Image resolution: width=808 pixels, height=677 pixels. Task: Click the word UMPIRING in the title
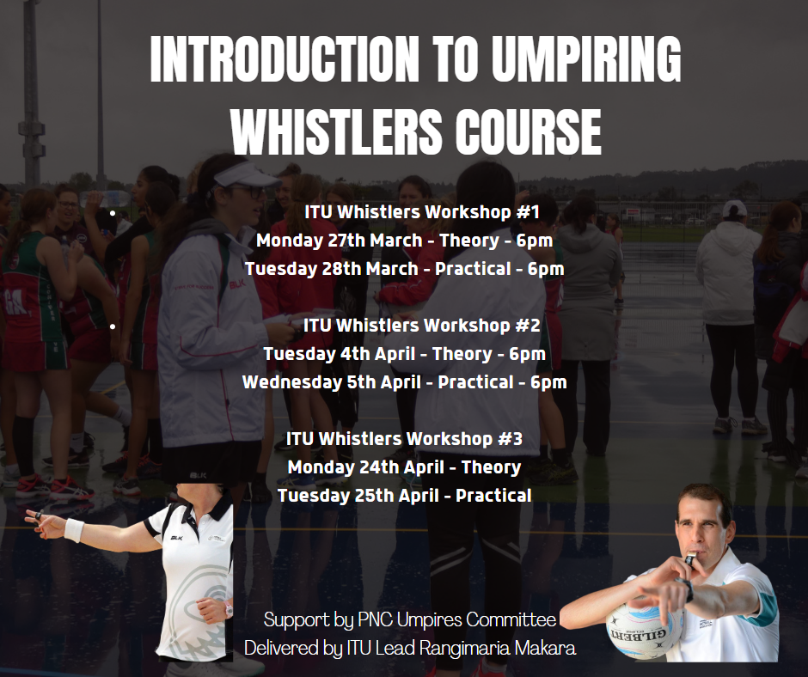pos(586,58)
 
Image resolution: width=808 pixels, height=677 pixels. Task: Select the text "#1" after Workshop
pos(527,211)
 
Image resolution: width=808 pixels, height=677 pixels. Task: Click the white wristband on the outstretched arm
pos(74,530)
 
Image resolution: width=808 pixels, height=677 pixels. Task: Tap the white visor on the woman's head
pos(246,175)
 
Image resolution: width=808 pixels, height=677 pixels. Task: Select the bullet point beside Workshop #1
pos(113,212)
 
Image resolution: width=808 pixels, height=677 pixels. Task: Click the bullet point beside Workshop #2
pos(113,326)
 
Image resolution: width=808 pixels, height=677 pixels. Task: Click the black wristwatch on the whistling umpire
pos(687,589)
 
